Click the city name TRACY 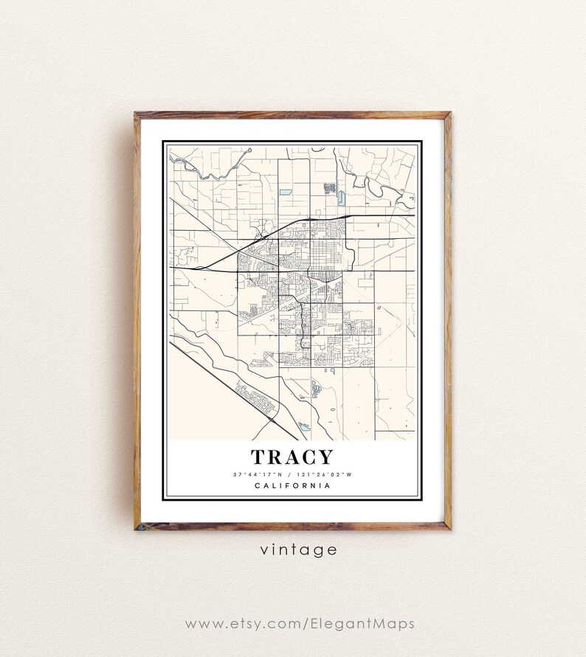(292, 458)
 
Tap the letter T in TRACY (258, 458)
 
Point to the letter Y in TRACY (325, 458)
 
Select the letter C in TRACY (308, 458)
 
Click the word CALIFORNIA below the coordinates (292, 485)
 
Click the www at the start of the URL (201, 624)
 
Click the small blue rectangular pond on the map (285, 192)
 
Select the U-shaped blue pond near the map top (340, 198)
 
